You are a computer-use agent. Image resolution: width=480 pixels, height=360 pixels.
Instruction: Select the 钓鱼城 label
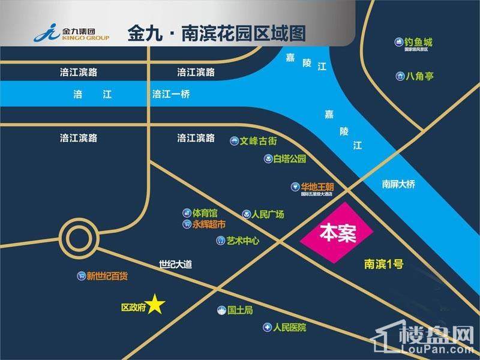[x=418, y=43]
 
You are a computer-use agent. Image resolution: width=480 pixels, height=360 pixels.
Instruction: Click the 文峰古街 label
[x=258, y=142]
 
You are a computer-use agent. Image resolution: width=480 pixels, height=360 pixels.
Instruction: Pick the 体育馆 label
[x=205, y=213]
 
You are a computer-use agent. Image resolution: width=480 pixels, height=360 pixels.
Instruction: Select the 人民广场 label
[x=268, y=214]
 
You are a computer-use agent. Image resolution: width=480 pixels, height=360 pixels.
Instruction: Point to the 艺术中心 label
[x=242, y=241]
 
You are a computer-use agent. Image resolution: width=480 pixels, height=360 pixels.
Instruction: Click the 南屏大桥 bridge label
[x=398, y=185]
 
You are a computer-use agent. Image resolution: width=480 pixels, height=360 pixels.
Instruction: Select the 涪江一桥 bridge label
[x=171, y=94]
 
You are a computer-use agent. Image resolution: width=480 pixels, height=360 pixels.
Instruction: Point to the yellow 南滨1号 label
[x=385, y=263]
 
